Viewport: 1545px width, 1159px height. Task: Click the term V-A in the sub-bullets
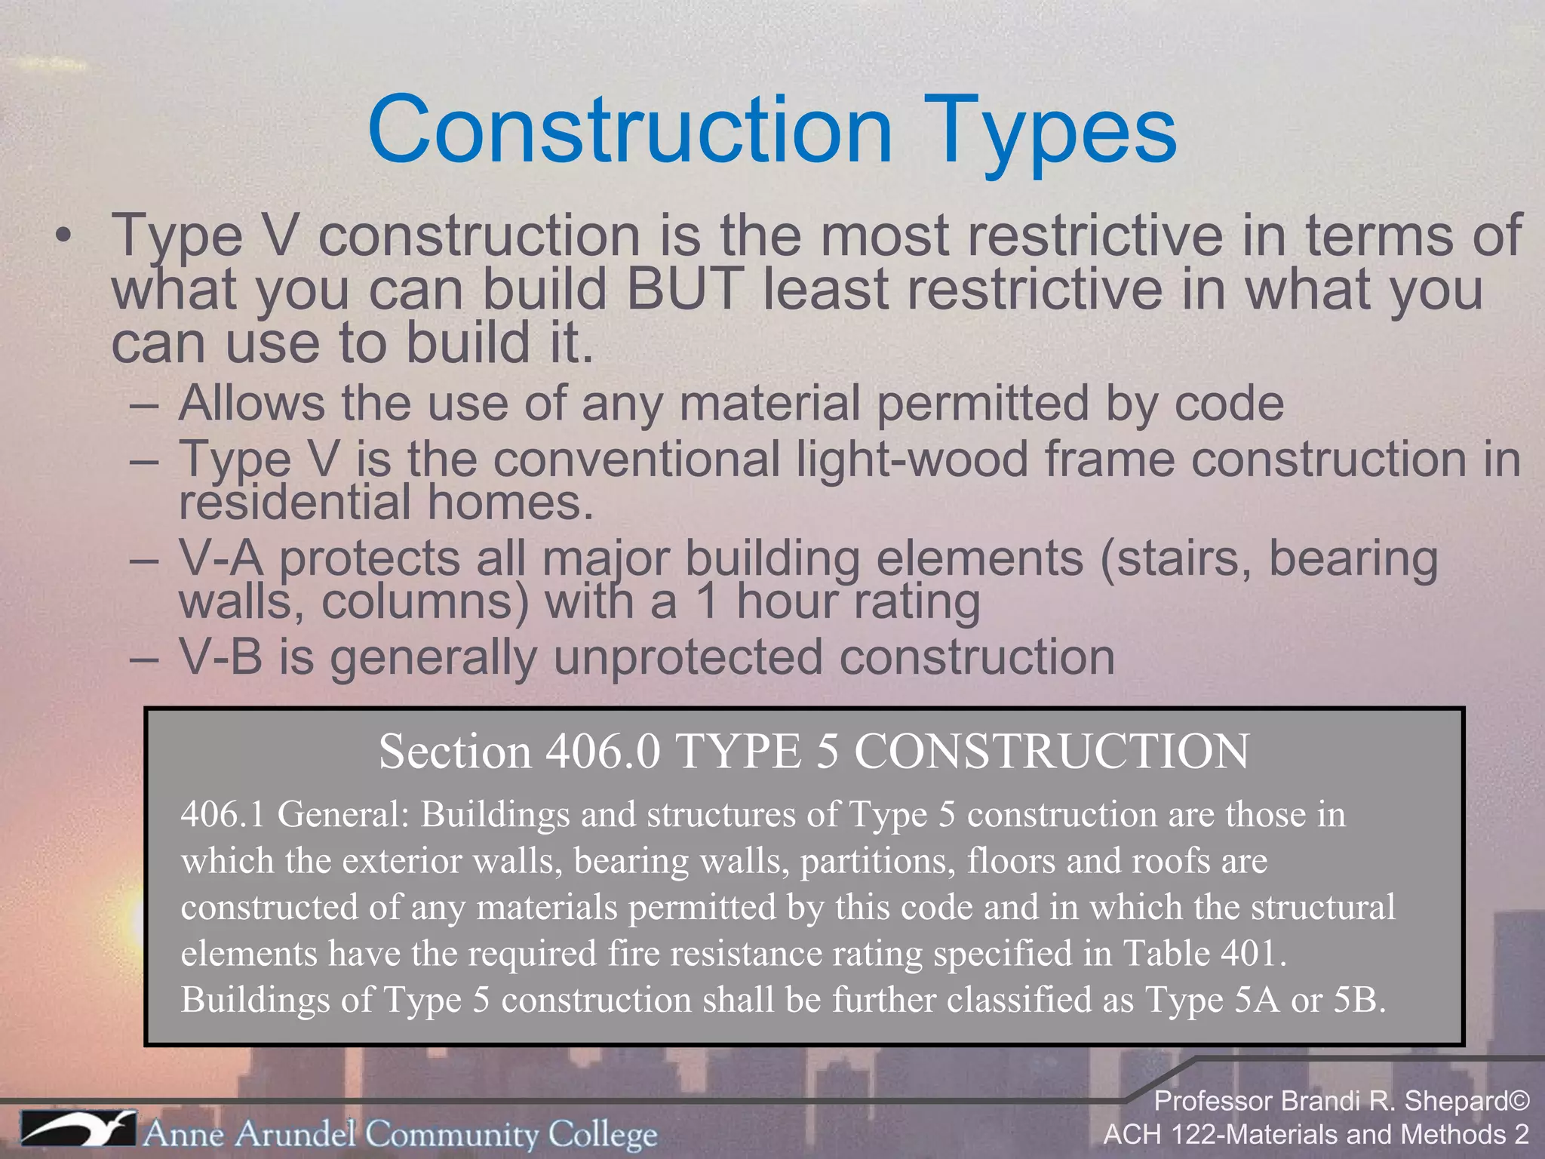pyautogui.click(x=220, y=559)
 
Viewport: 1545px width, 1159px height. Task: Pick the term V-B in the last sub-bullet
pyautogui.click(x=220, y=656)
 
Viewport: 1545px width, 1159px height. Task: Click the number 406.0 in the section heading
pyautogui.click(x=603, y=752)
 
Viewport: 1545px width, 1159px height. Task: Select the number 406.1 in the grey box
pyautogui.click(x=223, y=814)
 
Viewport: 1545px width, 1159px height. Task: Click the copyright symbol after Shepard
pyautogui.click(x=1519, y=1102)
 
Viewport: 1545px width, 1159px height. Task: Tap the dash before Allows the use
pyautogui.click(x=144, y=404)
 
